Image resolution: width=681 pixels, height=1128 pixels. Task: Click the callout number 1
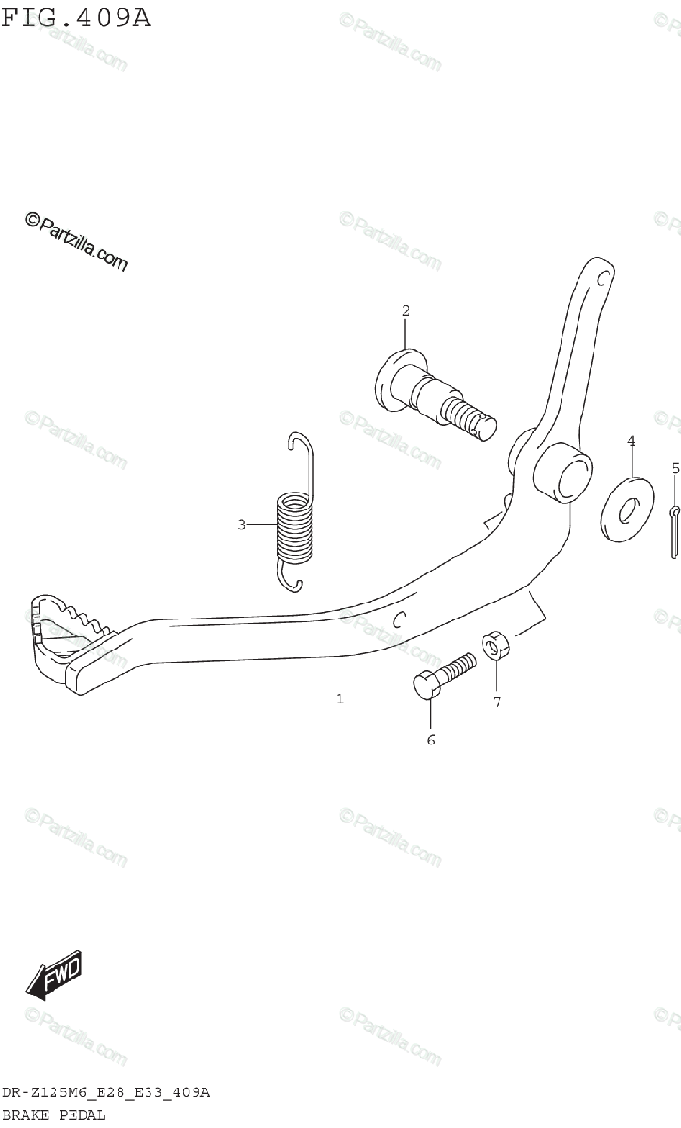pyautogui.click(x=340, y=698)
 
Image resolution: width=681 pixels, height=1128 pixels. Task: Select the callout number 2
pyautogui.click(x=405, y=310)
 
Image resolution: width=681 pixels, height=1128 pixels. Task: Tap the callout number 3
pyautogui.click(x=241, y=525)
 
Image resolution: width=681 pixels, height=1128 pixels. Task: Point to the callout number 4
pyautogui.click(x=631, y=440)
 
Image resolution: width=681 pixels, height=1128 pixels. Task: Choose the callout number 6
pyautogui.click(x=431, y=740)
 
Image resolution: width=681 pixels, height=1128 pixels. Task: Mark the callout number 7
pyautogui.click(x=498, y=700)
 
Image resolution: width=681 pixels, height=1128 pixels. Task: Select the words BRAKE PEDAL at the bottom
pyautogui.click(x=54, y=1114)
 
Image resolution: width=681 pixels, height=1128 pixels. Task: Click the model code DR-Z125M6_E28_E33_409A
pyautogui.click(x=105, y=1092)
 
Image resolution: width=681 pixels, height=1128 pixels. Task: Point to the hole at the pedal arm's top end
pyautogui.click(x=603, y=275)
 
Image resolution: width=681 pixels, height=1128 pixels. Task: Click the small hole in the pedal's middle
pyautogui.click(x=400, y=618)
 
